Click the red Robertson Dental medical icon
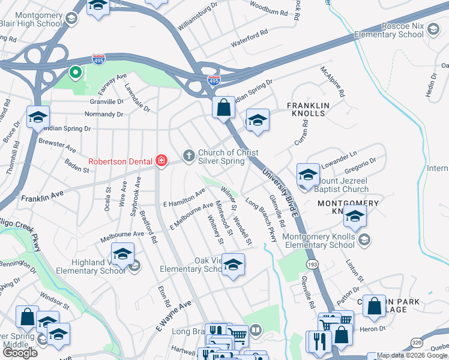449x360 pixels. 161,160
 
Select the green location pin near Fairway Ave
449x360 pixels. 76,73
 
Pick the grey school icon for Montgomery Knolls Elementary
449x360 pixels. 363,240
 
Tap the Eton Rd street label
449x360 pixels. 166,295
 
